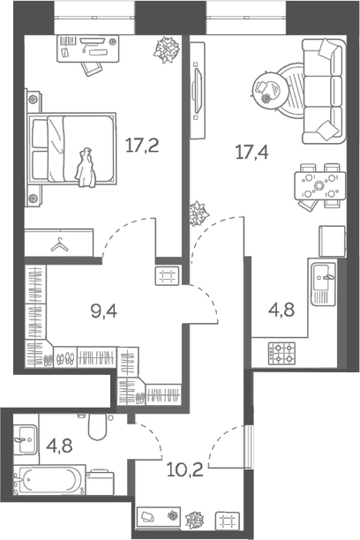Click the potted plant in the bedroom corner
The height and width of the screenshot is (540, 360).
pos(165,52)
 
